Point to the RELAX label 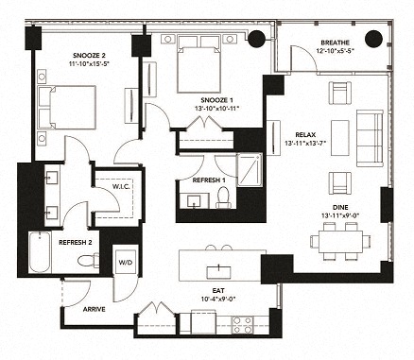[304, 135]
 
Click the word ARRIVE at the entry [93, 309]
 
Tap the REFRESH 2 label [75, 242]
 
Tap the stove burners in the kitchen [241, 324]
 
